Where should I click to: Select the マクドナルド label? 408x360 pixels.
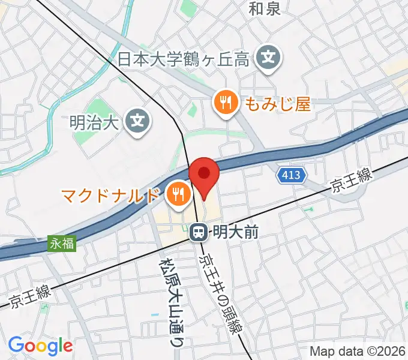[x=111, y=194]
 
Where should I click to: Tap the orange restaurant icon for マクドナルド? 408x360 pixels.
[x=177, y=193]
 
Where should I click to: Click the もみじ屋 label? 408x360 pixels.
[x=277, y=104]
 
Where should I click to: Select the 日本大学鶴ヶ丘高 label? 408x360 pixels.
[x=184, y=58]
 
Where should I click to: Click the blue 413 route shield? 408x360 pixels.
[x=292, y=176]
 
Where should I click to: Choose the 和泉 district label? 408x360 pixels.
[x=265, y=8]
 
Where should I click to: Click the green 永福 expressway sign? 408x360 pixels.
[x=62, y=244]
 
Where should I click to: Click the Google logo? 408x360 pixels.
[x=40, y=345]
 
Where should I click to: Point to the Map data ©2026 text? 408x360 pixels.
[x=358, y=351]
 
